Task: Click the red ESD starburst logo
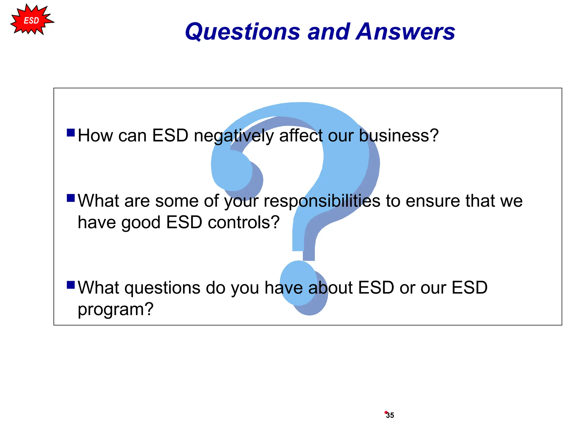(x=31, y=20)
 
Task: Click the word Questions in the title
(x=242, y=32)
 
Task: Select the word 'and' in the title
(x=329, y=31)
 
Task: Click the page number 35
(x=390, y=415)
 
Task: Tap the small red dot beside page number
(x=386, y=412)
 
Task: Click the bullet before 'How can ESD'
(x=71, y=132)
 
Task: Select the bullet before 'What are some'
(x=71, y=198)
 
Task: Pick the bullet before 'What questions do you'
(x=71, y=285)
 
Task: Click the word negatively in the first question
(x=234, y=136)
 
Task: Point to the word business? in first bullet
(x=399, y=135)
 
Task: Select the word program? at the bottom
(x=116, y=310)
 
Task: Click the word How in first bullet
(x=95, y=135)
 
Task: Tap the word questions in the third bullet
(x=162, y=288)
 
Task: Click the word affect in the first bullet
(x=300, y=135)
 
